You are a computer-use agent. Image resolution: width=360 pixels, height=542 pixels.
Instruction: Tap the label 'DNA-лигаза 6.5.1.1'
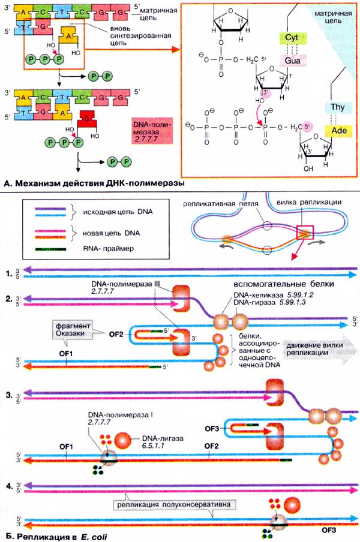pyautogui.click(x=157, y=442)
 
